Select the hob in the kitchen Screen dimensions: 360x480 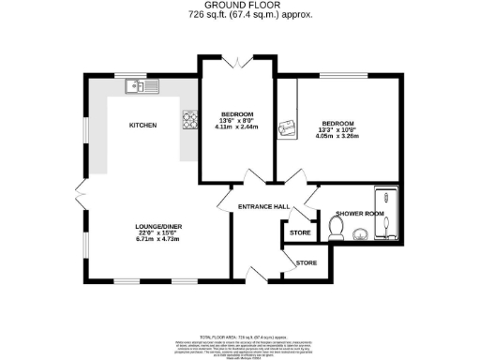coord(189,119)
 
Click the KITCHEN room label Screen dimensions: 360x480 coord(142,125)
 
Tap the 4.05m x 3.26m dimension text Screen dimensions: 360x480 coord(338,134)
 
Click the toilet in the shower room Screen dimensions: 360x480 coord(338,227)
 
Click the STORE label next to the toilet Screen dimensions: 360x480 coord(300,232)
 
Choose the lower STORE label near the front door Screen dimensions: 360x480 coord(307,263)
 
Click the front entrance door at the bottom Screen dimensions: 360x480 coord(257,274)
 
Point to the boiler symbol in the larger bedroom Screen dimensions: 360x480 coord(289,128)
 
